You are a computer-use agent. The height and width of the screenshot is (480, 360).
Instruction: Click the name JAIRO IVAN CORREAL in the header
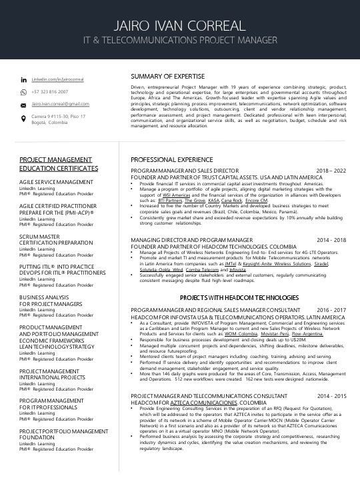pyautogui.click(x=179, y=26)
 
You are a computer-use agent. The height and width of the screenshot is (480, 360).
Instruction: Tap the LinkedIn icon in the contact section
pyautogui.click(x=24, y=80)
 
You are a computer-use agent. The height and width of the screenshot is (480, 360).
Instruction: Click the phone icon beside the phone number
pyautogui.click(x=24, y=93)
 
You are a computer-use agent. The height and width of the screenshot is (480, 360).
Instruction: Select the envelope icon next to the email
pyautogui.click(x=24, y=105)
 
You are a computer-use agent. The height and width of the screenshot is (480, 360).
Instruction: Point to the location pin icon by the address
pyautogui.click(x=24, y=119)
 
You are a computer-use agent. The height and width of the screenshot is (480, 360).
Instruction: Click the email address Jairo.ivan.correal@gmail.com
pyautogui.click(x=60, y=105)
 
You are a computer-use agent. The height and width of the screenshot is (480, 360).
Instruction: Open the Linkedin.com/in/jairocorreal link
pyautogui.click(x=57, y=80)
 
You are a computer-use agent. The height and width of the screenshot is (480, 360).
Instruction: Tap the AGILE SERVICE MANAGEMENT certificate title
pyautogui.click(x=56, y=182)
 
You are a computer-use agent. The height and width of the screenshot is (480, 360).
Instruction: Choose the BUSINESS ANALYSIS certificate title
pyautogui.click(x=44, y=297)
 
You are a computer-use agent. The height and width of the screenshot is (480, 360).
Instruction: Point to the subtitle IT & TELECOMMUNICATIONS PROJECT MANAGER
pyautogui.click(x=179, y=41)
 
